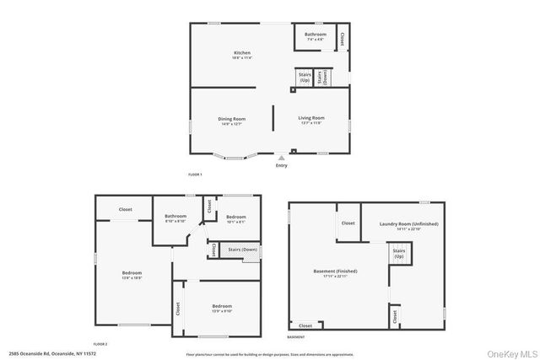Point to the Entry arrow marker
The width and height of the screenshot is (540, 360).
[x=282, y=157]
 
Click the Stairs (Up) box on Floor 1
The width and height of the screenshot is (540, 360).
[x=304, y=78]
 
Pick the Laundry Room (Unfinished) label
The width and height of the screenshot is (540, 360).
[x=409, y=225]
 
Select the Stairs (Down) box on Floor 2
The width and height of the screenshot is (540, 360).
[x=242, y=250]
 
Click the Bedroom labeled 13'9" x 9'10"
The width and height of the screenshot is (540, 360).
[x=222, y=308]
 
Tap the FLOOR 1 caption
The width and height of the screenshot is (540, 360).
[x=195, y=175]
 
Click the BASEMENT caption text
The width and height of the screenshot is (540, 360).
[x=296, y=337]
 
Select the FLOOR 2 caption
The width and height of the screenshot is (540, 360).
[x=100, y=344]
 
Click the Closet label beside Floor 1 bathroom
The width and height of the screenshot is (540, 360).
[x=342, y=39]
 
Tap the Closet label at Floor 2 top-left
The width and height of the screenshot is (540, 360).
[x=125, y=209]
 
